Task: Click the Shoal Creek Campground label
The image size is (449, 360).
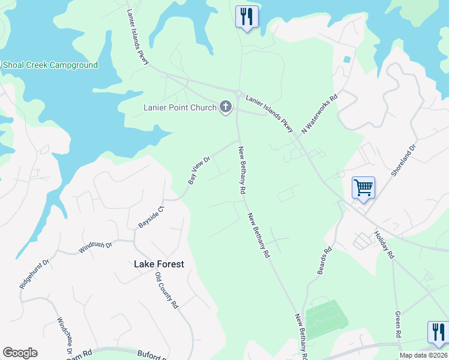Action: pyautogui.click(x=49, y=65)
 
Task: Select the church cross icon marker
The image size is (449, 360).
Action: pyautogui.click(x=226, y=107)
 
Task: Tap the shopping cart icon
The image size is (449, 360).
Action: pyautogui.click(x=364, y=188)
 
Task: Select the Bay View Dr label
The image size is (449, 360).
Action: pyautogui.click(x=199, y=170)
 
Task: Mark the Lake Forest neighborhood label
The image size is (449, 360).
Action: pyautogui.click(x=159, y=264)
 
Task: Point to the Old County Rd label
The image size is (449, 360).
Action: pyautogui.click(x=167, y=290)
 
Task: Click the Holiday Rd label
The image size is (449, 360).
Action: pyautogui.click(x=384, y=245)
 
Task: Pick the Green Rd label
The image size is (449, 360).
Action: pyautogui.click(x=398, y=324)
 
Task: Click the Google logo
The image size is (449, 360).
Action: pyautogui.click(x=20, y=353)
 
